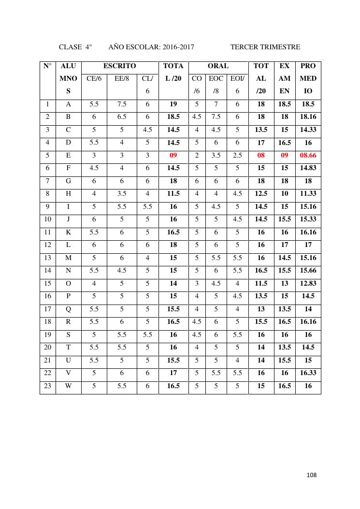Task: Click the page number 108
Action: [311, 475]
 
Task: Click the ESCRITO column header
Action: [120, 66]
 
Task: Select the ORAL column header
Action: [217, 66]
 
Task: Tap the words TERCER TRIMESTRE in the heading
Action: [265, 47]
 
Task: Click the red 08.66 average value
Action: [308, 156]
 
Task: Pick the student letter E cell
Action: [68, 156]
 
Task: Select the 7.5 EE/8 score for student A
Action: [122, 103]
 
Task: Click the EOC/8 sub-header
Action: [216, 78]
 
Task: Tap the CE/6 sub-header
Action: [94, 78]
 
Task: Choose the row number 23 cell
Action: [47, 386]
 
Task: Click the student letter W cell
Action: [68, 386]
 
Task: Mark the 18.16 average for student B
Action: [308, 116]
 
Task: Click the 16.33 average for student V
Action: [308, 373]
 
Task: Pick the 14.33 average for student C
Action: [308, 130]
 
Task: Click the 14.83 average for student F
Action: [308, 169]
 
